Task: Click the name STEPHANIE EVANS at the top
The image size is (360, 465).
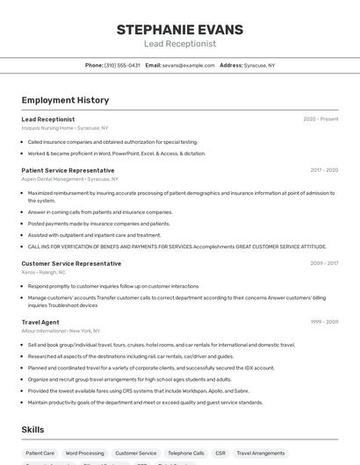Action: pyautogui.click(x=179, y=29)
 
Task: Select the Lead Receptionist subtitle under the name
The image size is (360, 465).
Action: pyautogui.click(x=179, y=44)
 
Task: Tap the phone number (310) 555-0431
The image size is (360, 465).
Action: pyautogui.click(x=122, y=65)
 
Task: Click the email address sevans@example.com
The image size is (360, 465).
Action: pyautogui.click(x=188, y=65)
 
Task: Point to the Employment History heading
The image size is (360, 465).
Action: pyautogui.click(x=65, y=100)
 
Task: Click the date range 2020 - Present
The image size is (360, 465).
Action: pyautogui.click(x=320, y=119)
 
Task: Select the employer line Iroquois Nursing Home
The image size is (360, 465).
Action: pyautogui.click(x=65, y=128)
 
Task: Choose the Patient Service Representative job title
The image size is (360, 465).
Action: pyautogui.click(x=68, y=170)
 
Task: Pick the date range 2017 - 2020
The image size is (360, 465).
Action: pyautogui.click(x=324, y=170)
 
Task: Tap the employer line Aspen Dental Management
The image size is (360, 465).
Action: pyautogui.click(x=69, y=179)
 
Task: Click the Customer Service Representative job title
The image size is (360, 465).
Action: pyautogui.click(x=71, y=263)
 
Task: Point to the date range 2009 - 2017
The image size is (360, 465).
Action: pyautogui.click(x=324, y=263)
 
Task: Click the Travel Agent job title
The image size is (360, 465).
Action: pyautogui.click(x=40, y=322)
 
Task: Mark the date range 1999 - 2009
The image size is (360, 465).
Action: pyautogui.click(x=324, y=322)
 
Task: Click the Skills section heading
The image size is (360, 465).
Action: pyautogui.click(x=33, y=429)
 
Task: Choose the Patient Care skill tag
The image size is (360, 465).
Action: pyautogui.click(x=40, y=454)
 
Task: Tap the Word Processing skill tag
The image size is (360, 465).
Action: pyautogui.click(x=84, y=454)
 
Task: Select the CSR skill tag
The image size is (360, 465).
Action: pyautogui.click(x=220, y=454)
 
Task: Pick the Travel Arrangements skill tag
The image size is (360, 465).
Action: pyautogui.click(x=261, y=454)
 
